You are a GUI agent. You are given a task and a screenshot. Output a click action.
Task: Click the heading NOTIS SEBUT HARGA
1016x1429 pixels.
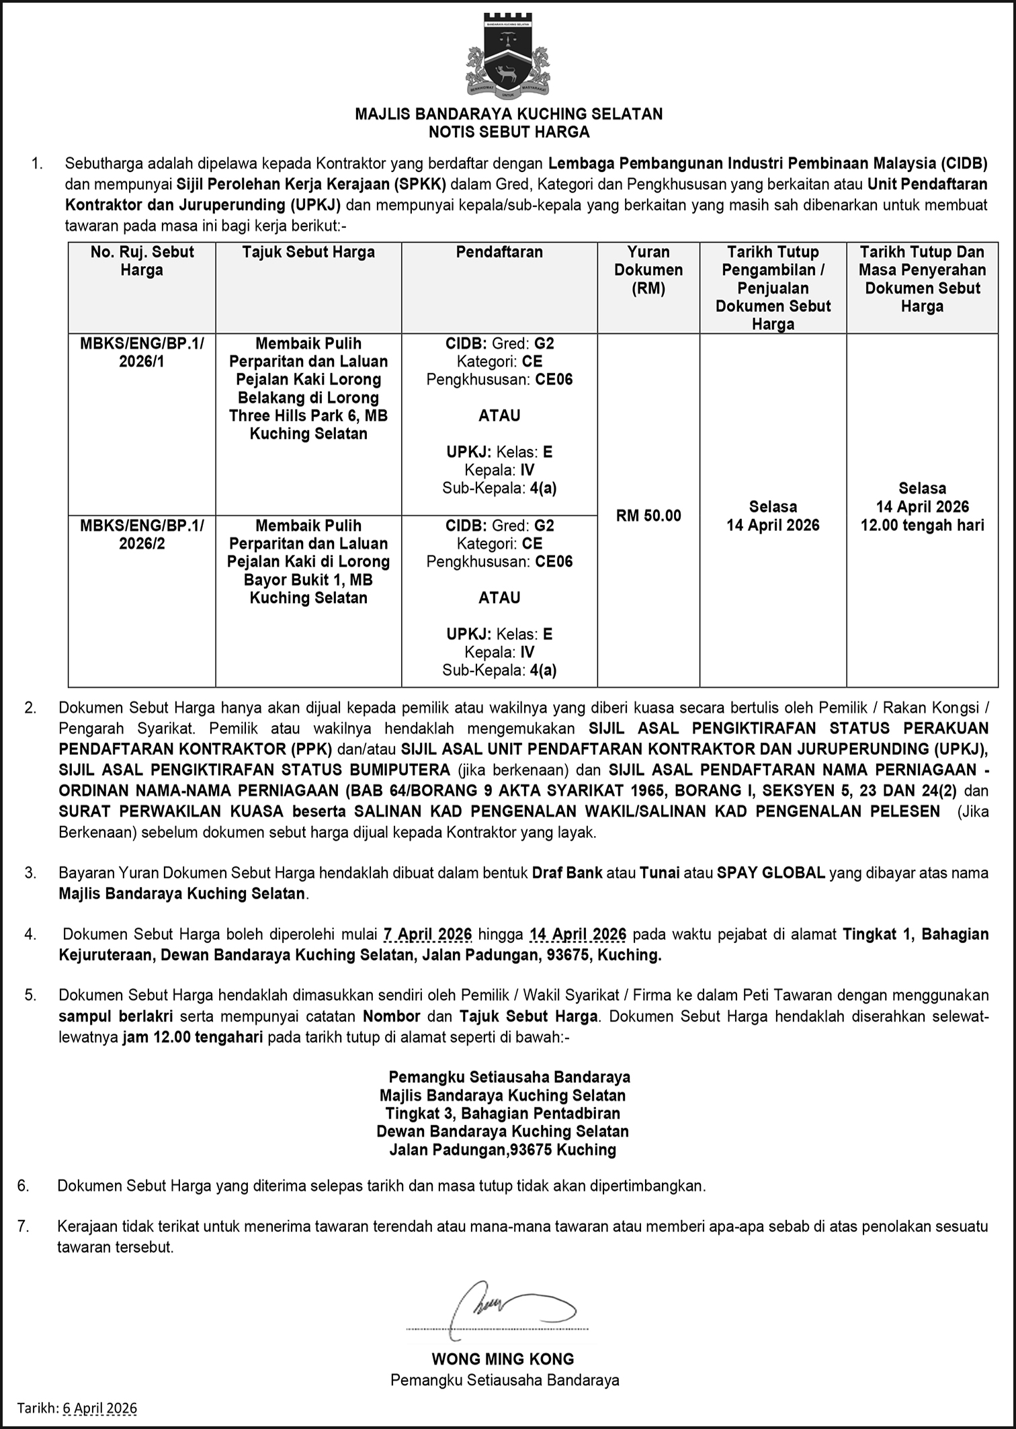tap(509, 132)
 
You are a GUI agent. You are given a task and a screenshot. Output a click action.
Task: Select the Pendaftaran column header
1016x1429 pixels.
tap(499, 252)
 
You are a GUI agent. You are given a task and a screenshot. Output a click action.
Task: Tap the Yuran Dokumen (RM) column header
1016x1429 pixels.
tap(648, 270)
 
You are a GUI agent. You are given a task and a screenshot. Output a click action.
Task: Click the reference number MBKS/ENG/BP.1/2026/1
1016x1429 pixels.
tap(142, 352)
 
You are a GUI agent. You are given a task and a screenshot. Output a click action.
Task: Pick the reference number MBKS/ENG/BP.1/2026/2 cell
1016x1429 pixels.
tap(142, 534)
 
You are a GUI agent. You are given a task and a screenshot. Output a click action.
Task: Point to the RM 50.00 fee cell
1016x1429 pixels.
tap(648, 516)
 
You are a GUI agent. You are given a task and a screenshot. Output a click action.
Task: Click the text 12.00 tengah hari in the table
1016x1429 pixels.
tap(922, 525)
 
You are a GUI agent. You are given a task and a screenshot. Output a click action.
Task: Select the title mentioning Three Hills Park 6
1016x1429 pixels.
tap(308, 389)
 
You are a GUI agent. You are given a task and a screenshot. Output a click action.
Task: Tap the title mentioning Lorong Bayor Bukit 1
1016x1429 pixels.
tap(308, 562)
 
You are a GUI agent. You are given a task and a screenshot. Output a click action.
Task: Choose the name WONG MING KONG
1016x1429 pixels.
tap(503, 1358)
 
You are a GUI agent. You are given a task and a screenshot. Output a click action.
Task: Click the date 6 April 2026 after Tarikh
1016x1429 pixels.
tap(99, 1408)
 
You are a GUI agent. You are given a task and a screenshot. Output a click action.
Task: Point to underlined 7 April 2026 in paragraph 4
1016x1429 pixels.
tap(427, 934)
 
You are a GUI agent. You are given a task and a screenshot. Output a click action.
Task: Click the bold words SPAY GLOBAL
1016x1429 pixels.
tap(771, 873)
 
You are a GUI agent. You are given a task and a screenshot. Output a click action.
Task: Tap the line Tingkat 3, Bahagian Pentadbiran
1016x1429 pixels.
tap(503, 1113)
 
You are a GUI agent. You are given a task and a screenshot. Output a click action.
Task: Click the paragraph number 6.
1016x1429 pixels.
tap(24, 1186)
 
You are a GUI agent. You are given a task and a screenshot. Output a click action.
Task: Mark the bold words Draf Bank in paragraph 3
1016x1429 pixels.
tap(566, 873)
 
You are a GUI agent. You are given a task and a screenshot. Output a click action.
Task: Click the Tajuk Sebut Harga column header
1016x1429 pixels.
tap(308, 252)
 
